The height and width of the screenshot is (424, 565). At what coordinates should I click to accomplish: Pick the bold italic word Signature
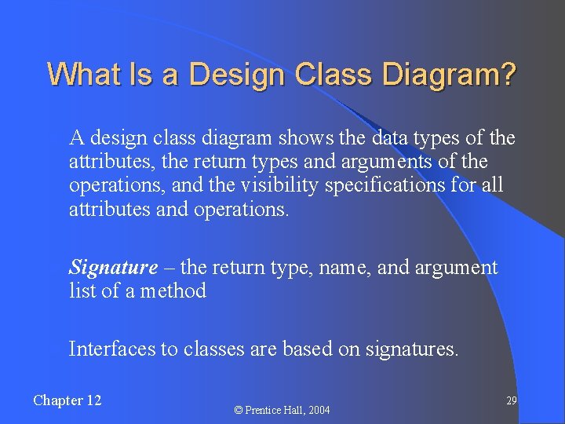(x=113, y=268)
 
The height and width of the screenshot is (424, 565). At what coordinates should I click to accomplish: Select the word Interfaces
(x=112, y=349)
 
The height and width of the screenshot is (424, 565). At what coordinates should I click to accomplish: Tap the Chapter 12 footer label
(x=67, y=400)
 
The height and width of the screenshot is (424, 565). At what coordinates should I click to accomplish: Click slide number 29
(x=511, y=400)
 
